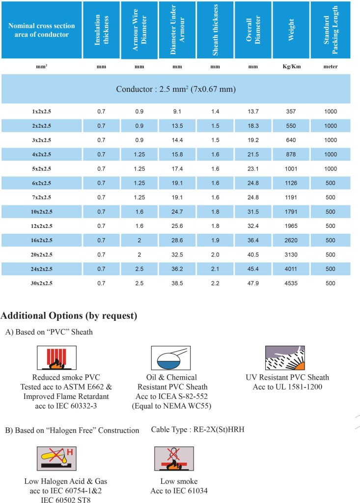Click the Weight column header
[291, 30]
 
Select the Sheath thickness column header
[215, 30]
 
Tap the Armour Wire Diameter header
[139, 30]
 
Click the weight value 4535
[291, 283]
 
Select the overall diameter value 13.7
[253, 112]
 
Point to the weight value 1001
[291, 169]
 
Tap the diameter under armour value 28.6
[177, 241]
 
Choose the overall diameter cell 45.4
[253, 269]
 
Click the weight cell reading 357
[291, 112]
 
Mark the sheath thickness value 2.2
[215, 283]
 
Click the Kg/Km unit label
[291, 66]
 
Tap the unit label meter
[330, 66]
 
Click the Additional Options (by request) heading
[69, 315]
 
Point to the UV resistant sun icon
[285, 358]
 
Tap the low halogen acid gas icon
[55, 459]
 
